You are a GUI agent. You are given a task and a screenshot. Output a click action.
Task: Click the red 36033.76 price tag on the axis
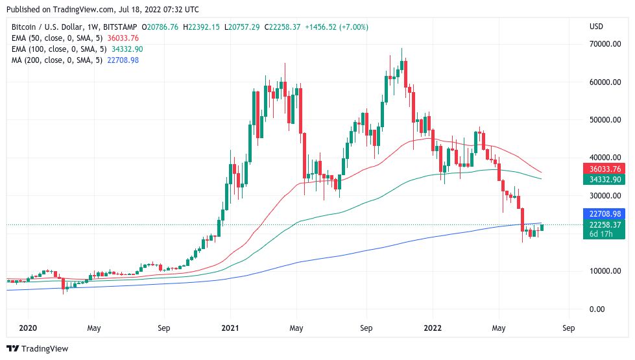click(x=605, y=168)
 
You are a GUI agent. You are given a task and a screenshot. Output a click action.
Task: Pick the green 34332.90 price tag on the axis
click(x=605, y=179)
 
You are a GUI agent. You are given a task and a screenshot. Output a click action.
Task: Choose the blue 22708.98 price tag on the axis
click(x=605, y=213)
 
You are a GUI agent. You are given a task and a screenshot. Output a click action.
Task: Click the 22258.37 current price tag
click(x=605, y=224)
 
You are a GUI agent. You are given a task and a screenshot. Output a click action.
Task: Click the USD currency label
click(x=596, y=27)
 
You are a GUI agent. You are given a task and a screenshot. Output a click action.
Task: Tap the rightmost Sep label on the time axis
click(x=568, y=328)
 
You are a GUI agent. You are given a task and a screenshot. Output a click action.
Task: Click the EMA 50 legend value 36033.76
click(x=123, y=38)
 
